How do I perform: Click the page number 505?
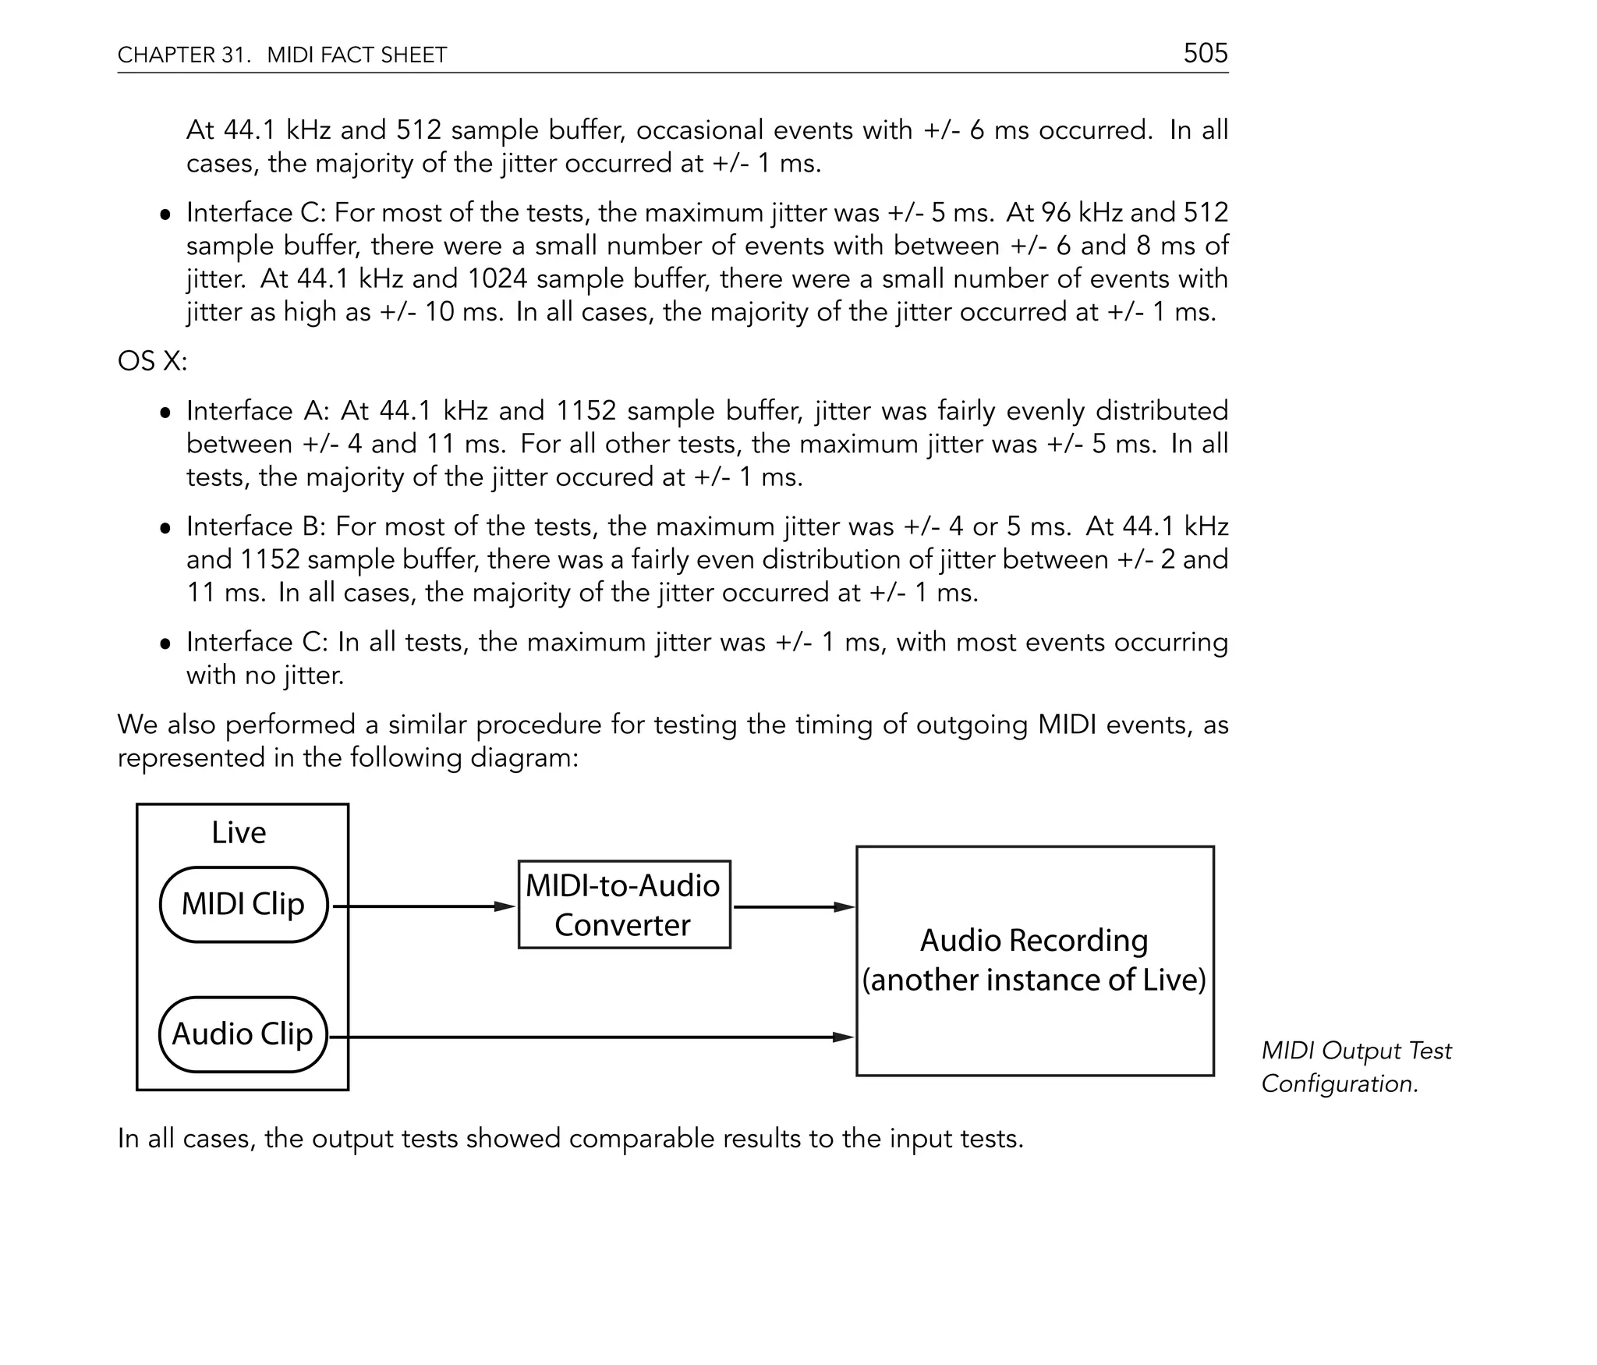1205,53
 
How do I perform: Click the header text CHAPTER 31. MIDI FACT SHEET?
282,55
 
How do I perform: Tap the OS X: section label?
152,361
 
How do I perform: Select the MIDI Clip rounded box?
243,905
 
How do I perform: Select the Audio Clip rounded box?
243,1034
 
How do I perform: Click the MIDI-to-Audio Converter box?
624,905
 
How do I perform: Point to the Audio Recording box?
1035,961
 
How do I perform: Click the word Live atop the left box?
239,833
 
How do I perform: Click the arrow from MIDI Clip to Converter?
425,906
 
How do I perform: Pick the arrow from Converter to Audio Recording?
793,907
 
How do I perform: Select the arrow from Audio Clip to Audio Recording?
593,1037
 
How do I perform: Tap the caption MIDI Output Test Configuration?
1355,1067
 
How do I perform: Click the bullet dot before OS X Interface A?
165,412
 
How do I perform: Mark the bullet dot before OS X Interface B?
165,528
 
